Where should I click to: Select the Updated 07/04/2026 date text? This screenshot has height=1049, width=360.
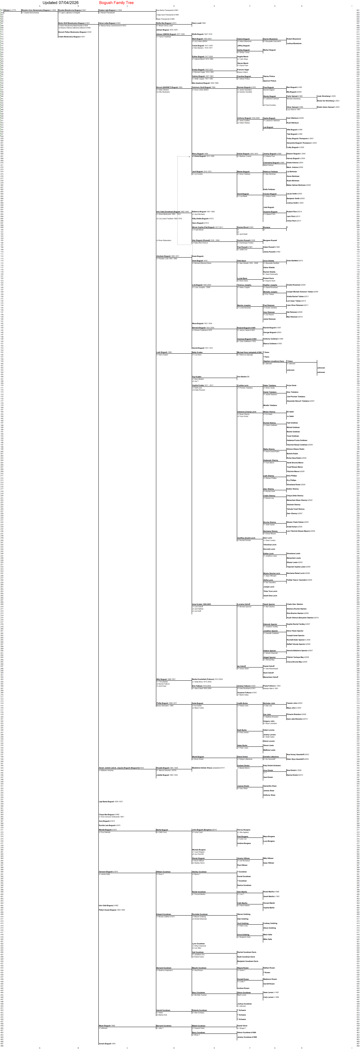[x=61, y=3]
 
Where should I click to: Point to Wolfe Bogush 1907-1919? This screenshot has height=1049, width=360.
[x=202, y=34]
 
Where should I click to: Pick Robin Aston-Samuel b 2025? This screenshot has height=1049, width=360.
[x=328, y=107]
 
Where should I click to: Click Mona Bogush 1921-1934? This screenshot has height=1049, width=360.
[x=202, y=323]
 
